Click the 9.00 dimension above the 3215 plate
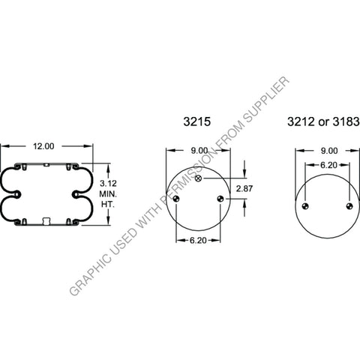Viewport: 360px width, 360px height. coord(198,151)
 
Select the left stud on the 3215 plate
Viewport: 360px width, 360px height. coord(177,199)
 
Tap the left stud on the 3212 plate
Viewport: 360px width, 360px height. coord(306,206)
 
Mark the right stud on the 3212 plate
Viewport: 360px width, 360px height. coord(349,206)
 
